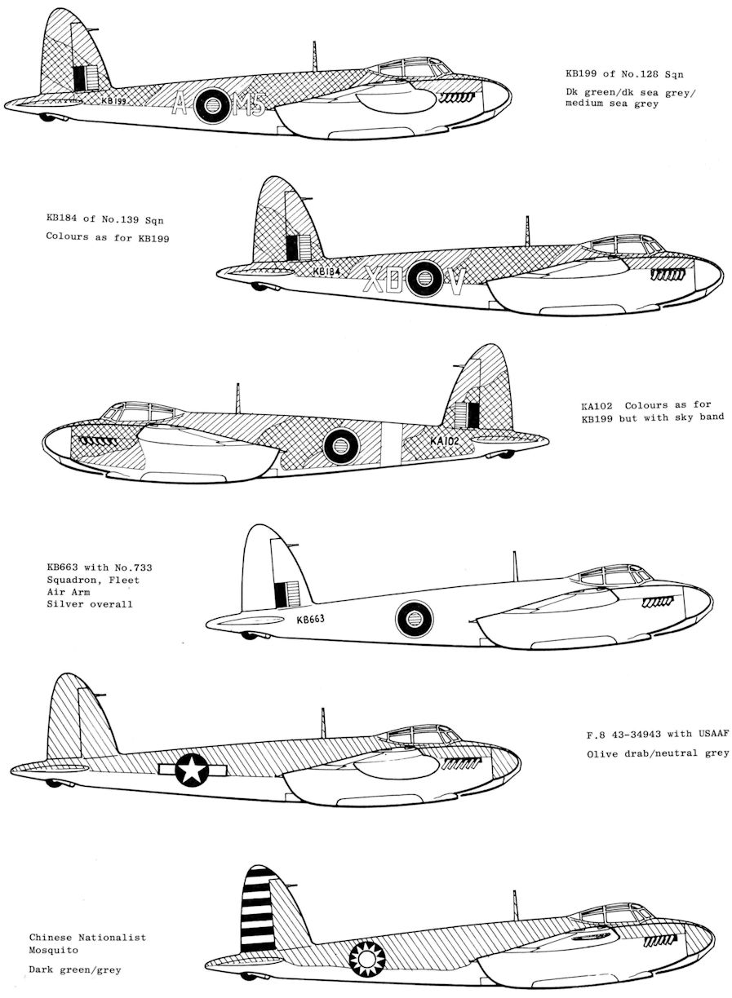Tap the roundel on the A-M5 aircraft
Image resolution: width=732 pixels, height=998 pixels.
[211, 105]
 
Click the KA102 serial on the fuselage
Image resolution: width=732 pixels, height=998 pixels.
[446, 441]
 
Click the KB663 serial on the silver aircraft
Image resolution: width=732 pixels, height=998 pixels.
[311, 618]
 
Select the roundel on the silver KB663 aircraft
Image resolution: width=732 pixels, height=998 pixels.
[415, 620]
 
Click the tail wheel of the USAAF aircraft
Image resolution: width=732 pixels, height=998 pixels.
[54, 783]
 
